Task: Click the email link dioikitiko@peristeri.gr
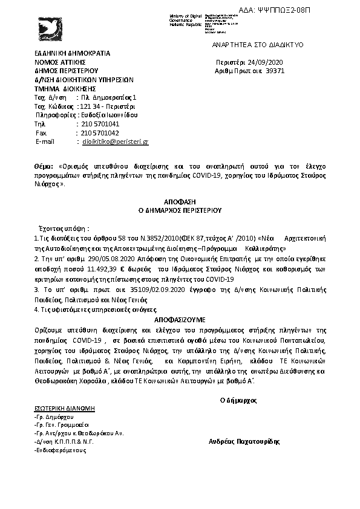coord(115,141)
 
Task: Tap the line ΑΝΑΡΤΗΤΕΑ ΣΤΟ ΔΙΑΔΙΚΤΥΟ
coord(258,45)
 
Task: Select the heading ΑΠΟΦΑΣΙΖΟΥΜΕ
coord(180,317)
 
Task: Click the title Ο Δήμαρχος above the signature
coord(238,400)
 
